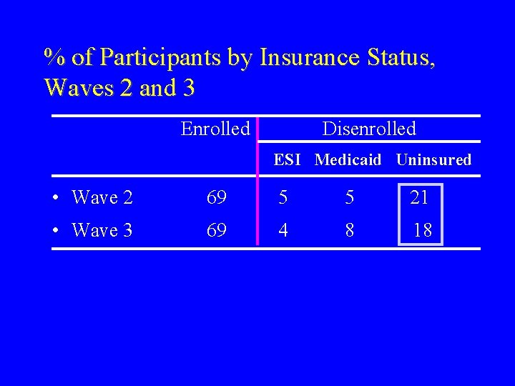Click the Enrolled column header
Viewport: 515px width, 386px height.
coord(215,129)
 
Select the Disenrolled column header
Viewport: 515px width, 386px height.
coord(369,129)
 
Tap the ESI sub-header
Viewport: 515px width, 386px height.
coord(287,160)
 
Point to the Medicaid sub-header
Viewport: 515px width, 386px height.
coord(348,160)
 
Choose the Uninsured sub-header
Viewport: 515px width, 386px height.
coord(433,160)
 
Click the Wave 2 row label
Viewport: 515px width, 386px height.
coord(102,197)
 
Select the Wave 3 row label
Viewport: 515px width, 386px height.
coord(102,230)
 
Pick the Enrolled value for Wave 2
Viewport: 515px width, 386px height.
coord(216,197)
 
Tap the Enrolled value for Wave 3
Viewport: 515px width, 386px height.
coord(216,230)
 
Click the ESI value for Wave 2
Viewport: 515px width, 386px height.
coord(283,197)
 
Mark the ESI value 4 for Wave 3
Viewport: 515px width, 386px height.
coord(283,230)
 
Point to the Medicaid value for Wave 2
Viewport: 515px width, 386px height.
coord(349,197)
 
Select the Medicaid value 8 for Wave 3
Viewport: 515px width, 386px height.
coord(349,230)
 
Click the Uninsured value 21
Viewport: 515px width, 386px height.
coord(419,197)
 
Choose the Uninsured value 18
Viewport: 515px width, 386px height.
coord(423,230)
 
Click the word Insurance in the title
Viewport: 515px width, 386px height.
coord(309,57)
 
